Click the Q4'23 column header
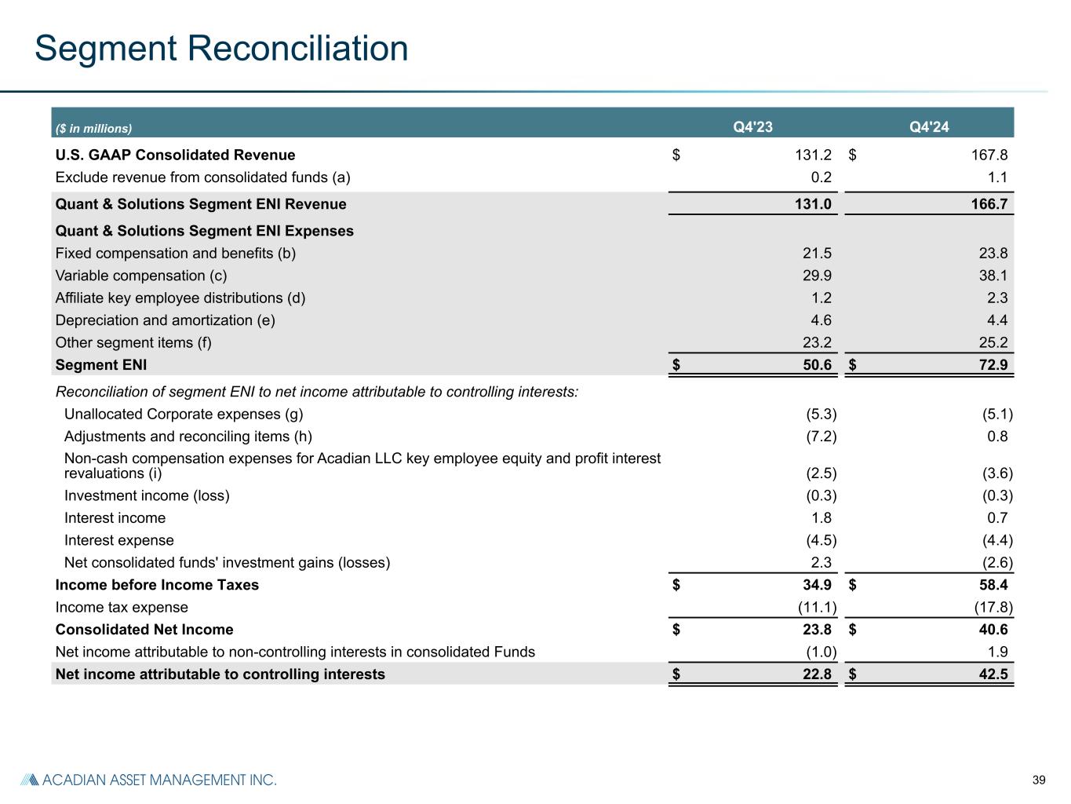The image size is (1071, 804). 753,127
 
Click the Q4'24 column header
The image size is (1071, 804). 929,127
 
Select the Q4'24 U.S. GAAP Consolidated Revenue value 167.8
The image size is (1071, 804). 988,155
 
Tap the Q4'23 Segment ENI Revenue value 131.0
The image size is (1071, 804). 813,205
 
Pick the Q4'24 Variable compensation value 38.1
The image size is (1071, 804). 993,276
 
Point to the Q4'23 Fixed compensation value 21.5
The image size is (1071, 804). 817,254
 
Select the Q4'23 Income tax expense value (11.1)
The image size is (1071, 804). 812,608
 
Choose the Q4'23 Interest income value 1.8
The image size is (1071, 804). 820,518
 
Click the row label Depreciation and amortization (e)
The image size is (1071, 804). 165,320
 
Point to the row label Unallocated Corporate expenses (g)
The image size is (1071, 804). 184,414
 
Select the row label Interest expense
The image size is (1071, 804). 119,540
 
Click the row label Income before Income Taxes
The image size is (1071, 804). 157,585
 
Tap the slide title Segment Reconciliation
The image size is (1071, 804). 221,48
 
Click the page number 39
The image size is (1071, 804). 1039,780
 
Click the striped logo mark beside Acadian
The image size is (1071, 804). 29,780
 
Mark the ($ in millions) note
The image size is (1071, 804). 93,128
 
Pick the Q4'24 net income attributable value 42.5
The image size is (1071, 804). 992,674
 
